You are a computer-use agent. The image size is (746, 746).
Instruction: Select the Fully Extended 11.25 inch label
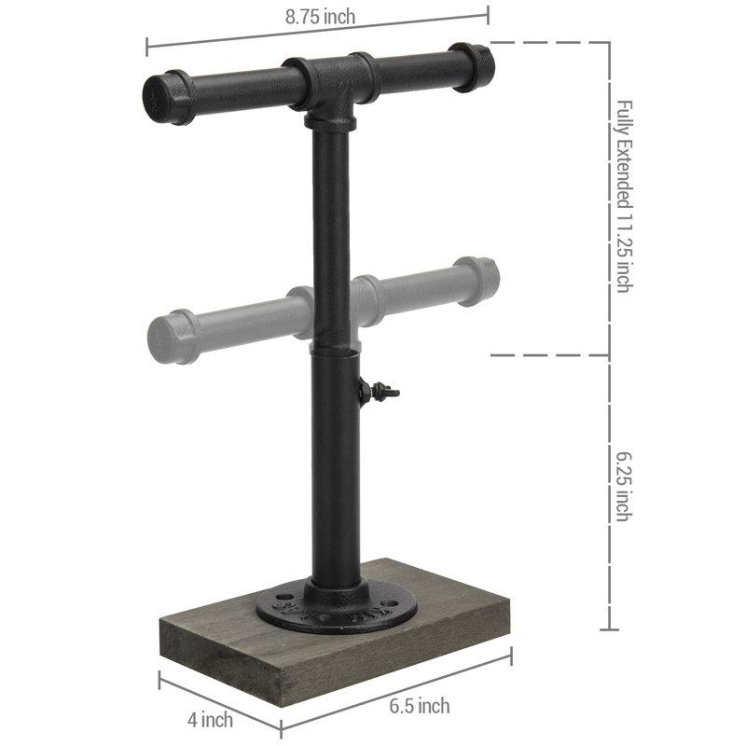click(624, 197)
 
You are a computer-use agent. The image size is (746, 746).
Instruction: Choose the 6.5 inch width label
click(420, 706)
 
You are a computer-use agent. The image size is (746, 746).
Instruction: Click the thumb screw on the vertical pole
click(381, 393)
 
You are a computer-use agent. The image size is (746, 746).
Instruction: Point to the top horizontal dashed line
click(550, 43)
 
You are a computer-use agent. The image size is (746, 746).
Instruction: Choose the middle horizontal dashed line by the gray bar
click(550, 355)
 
